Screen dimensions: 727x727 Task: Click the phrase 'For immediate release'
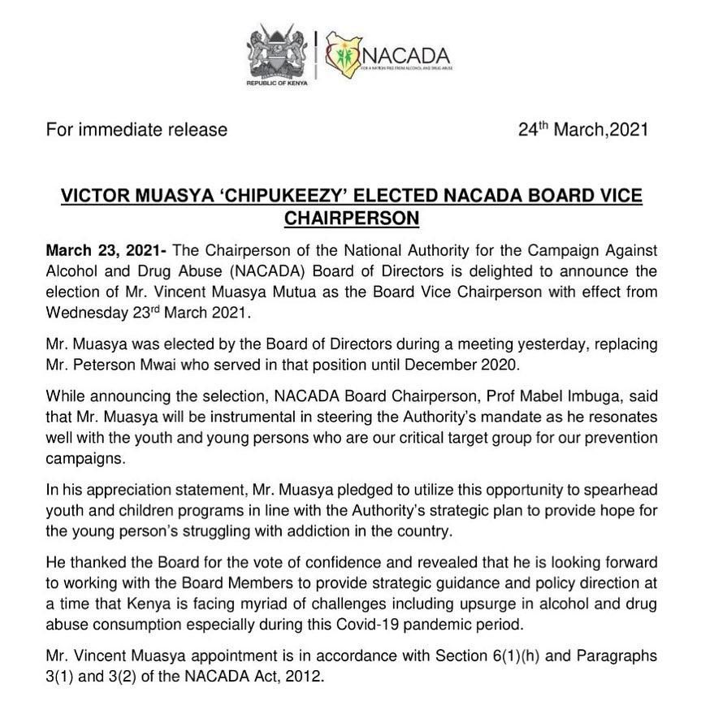tap(136, 129)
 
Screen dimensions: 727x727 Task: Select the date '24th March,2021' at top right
tap(583, 129)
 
